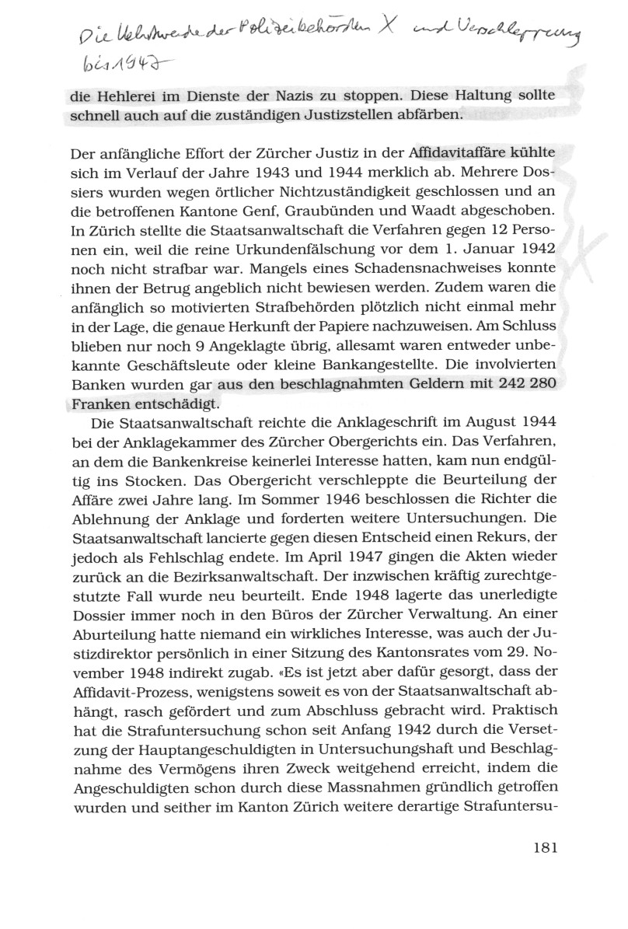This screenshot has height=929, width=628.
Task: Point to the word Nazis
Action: tap(320, 100)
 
